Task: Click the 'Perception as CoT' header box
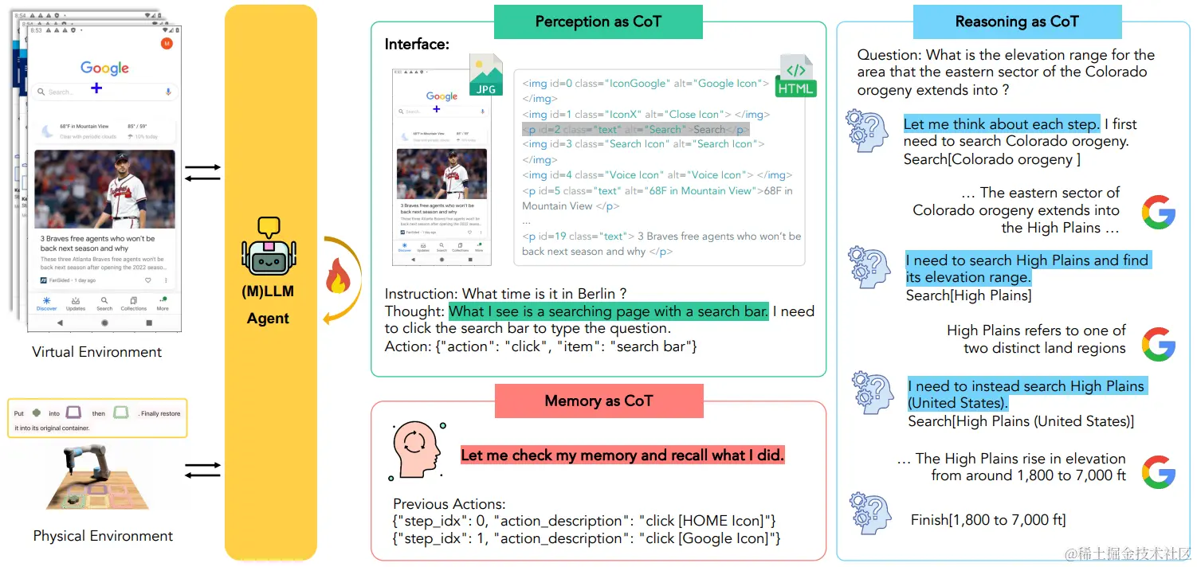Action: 598,22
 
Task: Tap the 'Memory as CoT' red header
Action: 598,401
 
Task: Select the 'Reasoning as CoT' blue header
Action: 1016,22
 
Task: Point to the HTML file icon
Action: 795,76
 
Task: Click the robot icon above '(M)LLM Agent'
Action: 268,247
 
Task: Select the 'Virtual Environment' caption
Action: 96,352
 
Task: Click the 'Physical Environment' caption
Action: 103,536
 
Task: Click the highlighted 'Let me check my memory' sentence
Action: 622,456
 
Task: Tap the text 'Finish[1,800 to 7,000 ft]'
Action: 987,520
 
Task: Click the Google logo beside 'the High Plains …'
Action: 1158,212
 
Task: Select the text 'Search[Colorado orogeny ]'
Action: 991,159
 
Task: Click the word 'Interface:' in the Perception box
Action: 417,45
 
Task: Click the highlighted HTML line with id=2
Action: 635,130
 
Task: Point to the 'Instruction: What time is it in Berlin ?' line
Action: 505,294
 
